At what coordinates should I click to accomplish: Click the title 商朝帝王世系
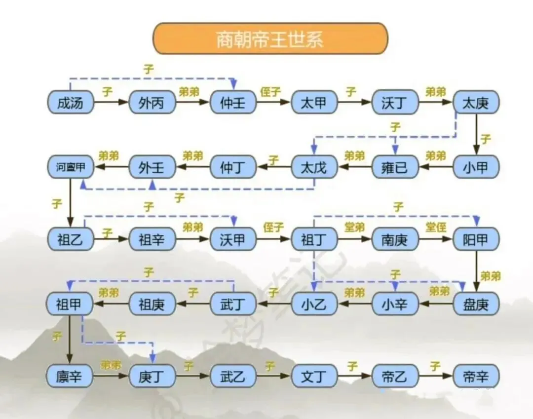point(270,38)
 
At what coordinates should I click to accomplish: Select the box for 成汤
point(70,103)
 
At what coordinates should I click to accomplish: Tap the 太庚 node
point(476,103)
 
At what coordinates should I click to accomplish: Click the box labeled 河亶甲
point(70,168)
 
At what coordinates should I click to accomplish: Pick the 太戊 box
point(314,168)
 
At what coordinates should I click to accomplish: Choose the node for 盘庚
point(476,304)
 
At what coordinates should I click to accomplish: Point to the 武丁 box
point(233,304)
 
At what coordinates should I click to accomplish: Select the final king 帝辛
point(476,377)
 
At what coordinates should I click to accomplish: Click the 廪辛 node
point(70,377)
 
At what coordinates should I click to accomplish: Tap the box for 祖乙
point(70,240)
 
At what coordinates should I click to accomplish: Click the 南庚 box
point(395,240)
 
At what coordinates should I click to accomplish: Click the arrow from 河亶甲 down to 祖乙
point(70,203)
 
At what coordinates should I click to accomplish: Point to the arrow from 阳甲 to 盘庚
point(476,271)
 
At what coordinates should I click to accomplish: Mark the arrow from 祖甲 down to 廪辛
point(70,341)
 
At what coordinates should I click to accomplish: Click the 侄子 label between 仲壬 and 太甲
point(271,92)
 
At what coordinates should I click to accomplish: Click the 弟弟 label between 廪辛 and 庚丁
point(111,365)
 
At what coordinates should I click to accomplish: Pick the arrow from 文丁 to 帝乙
point(354,376)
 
